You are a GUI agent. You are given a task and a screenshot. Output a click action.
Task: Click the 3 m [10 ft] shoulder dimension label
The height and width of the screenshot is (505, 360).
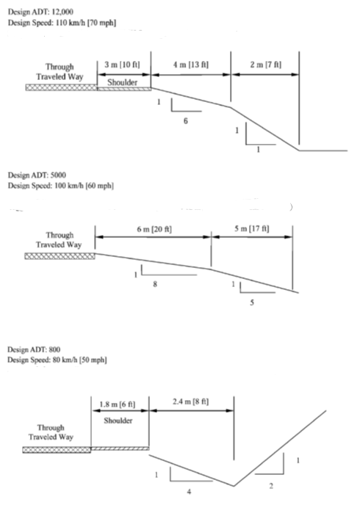click(x=122, y=65)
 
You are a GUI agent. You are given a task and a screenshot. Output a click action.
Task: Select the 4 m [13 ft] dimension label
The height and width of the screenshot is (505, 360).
click(x=191, y=65)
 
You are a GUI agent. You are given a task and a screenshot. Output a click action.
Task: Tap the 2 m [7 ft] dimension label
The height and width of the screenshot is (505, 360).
click(x=265, y=65)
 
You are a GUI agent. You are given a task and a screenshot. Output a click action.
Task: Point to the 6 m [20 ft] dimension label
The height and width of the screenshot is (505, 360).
click(x=154, y=229)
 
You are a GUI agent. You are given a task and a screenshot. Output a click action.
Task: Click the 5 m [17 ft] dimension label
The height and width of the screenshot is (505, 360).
click(x=252, y=229)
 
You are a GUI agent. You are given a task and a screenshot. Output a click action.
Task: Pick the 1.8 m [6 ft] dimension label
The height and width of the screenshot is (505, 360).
click(x=118, y=404)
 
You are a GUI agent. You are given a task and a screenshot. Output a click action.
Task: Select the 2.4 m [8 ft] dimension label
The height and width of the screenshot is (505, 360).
click(x=190, y=402)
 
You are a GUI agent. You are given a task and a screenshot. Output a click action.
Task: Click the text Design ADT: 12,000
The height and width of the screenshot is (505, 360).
click(x=40, y=12)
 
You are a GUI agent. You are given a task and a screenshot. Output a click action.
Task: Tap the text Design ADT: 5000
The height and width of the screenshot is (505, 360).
click(x=37, y=175)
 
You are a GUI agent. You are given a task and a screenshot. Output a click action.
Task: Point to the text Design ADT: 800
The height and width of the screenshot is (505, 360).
click(x=34, y=349)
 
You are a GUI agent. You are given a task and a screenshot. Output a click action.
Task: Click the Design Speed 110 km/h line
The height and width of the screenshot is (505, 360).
click(x=62, y=23)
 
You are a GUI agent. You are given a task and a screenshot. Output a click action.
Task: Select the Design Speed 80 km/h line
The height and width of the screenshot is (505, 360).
click(x=57, y=360)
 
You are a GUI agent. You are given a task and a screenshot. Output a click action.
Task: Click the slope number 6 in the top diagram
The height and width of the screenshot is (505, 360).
click(x=186, y=121)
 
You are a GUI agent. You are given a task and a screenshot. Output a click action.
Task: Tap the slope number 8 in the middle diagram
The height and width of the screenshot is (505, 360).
click(x=155, y=284)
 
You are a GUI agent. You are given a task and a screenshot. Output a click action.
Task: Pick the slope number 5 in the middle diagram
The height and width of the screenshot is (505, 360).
click(x=252, y=302)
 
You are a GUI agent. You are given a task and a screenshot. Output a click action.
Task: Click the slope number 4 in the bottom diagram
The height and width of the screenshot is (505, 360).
click(x=189, y=492)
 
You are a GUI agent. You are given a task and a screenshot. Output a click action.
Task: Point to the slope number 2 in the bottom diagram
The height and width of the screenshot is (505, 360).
click(x=271, y=486)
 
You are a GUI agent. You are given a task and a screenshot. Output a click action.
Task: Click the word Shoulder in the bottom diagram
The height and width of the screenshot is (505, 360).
click(x=118, y=421)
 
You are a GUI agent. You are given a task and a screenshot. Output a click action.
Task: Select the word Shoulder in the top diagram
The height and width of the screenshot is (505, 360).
click(x=123, y=82)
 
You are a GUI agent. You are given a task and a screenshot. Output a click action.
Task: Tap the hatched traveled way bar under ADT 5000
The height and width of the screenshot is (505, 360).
click(x=60, y=256)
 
